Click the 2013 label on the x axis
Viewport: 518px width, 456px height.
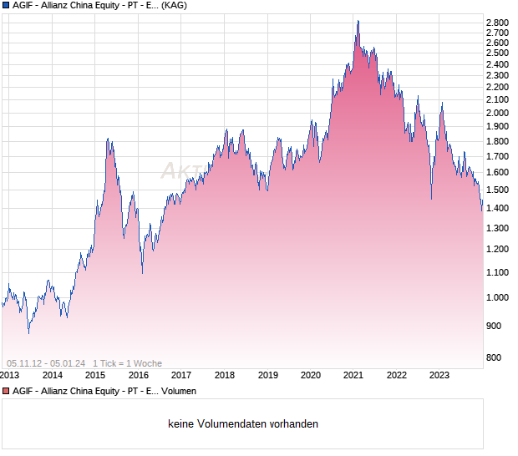[x=10, y=376]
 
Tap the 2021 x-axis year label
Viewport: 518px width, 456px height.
[x=352, y=376]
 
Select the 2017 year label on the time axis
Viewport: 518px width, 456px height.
[x=181, y=376]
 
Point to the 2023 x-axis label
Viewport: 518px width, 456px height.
[x=438, y=376]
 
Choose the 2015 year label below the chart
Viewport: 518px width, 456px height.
[x=95, y=376]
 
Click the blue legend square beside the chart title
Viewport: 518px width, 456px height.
[x=6, y=6]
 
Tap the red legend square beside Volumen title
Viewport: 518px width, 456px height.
[x=6, y=391]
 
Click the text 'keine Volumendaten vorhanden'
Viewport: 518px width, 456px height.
[x=243, y=424]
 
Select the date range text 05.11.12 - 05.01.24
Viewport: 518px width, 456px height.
[x=46, y=363]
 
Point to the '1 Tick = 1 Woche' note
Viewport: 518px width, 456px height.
[x=127, y=363]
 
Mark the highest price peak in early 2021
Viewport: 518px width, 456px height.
[x=358, y=21]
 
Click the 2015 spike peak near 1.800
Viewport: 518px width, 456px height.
[x=108, y=139]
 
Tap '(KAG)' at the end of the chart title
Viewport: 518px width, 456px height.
[x=174, y=6]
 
